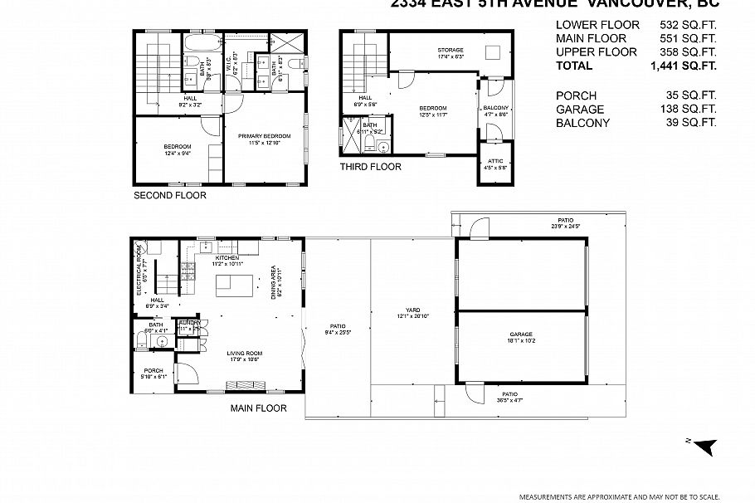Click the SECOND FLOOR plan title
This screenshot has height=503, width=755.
point(170,196)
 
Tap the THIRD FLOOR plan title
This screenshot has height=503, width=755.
point(370,167)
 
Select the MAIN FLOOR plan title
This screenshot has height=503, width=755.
point(258,408)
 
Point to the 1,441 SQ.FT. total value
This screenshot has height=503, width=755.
point(684,66)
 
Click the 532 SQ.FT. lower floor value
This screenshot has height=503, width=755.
point(688,25)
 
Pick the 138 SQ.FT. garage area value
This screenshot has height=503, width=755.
point(688,110)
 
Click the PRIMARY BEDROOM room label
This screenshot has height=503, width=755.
point(265,136)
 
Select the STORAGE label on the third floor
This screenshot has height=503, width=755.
point(451,51)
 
